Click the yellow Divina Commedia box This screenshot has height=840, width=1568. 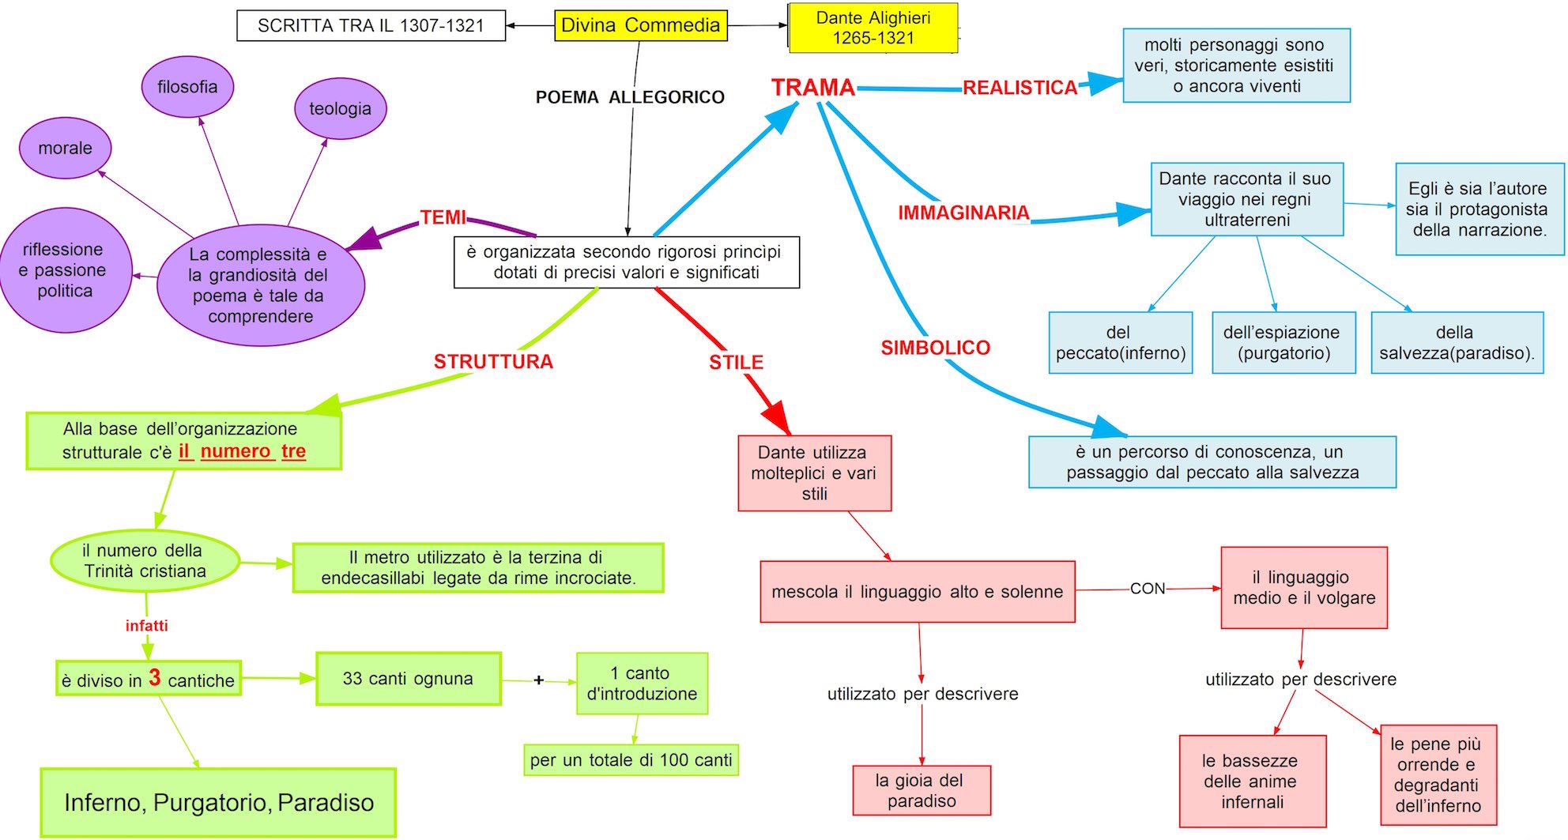(640, 25)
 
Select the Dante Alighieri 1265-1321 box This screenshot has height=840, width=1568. (873, 28)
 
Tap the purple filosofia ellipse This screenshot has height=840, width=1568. (187, 87)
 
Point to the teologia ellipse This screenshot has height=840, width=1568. (340, 109)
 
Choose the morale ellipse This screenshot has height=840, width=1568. (65, 148)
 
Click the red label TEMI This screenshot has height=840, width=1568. (443, 217)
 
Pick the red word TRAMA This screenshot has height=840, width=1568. (813, 88)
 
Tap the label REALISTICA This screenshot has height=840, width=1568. (1020, 88)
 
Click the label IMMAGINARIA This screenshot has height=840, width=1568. (963, 213)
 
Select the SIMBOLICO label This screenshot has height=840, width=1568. (935, 348)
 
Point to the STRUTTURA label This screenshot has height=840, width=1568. (493, 362)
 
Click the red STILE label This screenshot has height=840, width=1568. (736, 363)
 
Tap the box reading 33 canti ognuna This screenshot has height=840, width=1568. (408, 679)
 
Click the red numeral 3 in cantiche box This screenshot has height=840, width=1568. (155, 677)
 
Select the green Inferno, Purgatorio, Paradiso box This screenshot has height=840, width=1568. (218, 802)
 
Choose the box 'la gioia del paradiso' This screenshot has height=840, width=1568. (921, 790)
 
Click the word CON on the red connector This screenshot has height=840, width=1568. (1148, 589)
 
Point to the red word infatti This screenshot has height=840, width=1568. (146, 626)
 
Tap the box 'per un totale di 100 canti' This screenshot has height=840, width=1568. (631, 760)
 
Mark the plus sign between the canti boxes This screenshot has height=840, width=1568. (538, 680)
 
